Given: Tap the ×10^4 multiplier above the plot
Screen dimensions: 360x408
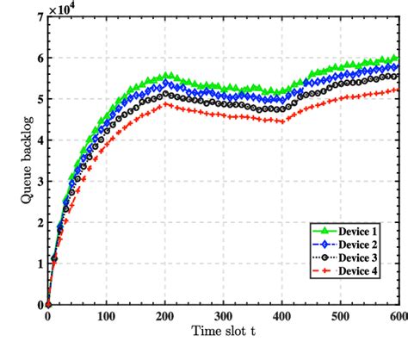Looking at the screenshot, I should [65, 8].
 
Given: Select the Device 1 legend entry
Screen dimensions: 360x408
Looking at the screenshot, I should [361, 231].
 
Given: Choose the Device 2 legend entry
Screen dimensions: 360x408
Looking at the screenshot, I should [361, 245].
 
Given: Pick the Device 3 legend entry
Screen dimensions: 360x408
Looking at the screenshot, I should [361, 258].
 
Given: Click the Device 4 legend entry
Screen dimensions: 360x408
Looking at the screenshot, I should [361, 272].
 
